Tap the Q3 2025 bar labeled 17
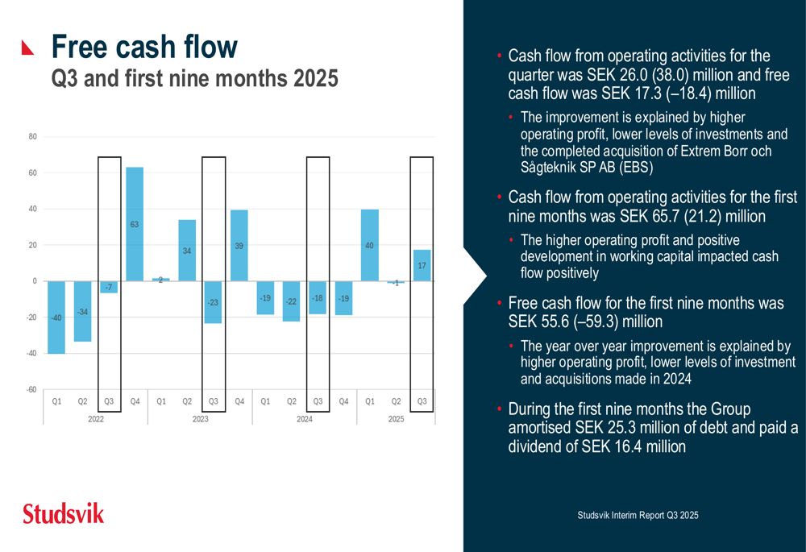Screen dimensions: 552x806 pyautogui.click(x=422, y=265)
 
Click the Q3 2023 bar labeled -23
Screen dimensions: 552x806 pyautogui.click(x=213, y=302)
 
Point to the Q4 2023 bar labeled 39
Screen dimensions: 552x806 pyautogui.click(x=239, y=245)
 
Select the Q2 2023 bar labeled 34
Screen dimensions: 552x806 pyautogui.click(x=187, y=251)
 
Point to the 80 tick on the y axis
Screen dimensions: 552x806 pyautogui.click(x=33, y=137)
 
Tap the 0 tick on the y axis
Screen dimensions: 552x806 pyautogui.click(x=35, y=281)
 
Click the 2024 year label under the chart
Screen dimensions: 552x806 pyautogui.click(x=305, y=419)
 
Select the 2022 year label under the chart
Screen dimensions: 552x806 pyautogui.click(x=96, y=419)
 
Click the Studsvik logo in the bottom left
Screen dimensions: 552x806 pyautogui.click(x=64, y=513)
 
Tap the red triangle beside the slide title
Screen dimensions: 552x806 pyautogui.click(x=29, y=48)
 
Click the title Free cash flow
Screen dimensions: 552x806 pyautogui.click(x=145, y=47)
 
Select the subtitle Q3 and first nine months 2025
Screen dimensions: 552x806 pyautogui.click(x=194, y=80)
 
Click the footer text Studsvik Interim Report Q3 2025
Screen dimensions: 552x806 pyautogui.click(x=638, y=514)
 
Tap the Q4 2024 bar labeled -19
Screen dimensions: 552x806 pyautogui.click(x=344, y=298)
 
